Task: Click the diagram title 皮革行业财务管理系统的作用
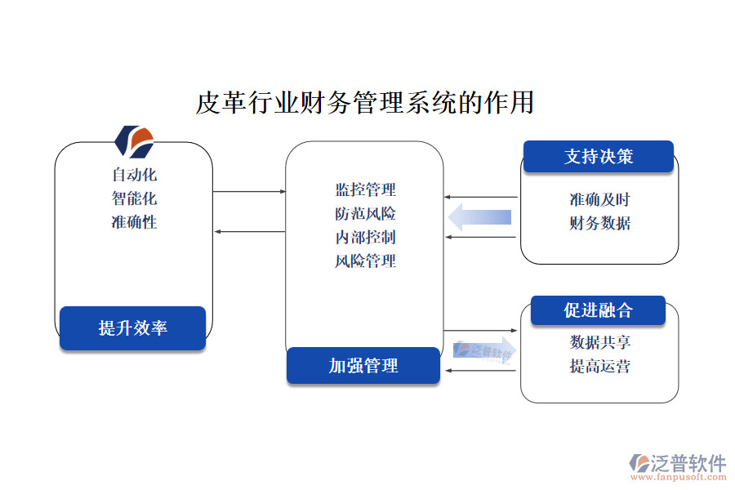click(x=364, y=104)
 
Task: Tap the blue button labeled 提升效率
click(x=132, y=328)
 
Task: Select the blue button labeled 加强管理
click(x=363, y=365)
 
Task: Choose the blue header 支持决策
click(x=598, y=157)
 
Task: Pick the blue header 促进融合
click(x=598, y=310)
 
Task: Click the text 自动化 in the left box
click(x=134, y=175)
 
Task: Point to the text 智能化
click(x=134, y=198)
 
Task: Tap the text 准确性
click(x=134, y=222)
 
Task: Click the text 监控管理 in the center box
click(x=365, y=190)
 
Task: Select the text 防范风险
click(x=365, y=214)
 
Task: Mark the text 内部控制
click(x=365, y=238)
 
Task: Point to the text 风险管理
click(x=365, y=261)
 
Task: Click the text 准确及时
click(x=599, y=200)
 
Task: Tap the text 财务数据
click(x=599, y=223)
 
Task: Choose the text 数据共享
click(x=599, y=343)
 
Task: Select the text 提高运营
click(x=599, y=367)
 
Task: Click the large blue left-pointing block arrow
click(x=480, y=217)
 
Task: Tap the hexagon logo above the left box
click(x=134, y=141)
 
